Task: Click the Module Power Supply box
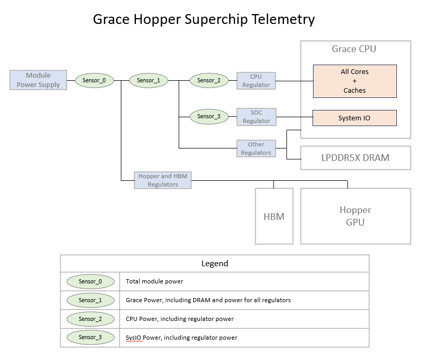(x=38, y=80)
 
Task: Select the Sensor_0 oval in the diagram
(x=94, y=80)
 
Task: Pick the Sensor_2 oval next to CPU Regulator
(x=209, y=80)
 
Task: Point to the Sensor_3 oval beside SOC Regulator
(x=209, y=117)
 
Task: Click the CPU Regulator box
(x=256, y=81)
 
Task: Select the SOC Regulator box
(x=256, y=117)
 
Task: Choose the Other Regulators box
(x=256, y=148)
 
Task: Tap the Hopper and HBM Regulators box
(x=162, y=180)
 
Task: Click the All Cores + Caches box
(x=354, y=81)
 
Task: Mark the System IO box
(x=354, y=118)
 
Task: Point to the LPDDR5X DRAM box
(x=355, y=158)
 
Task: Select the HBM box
(x=274, y=216)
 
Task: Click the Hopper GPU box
(x=355, y=216)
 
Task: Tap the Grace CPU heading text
(x=354, y=49)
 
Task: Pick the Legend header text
(x=215, y=264)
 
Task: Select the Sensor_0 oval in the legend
(x=90, y=281)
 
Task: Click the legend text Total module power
(x=154, y=281)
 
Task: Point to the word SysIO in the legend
(x=134, y=338)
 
